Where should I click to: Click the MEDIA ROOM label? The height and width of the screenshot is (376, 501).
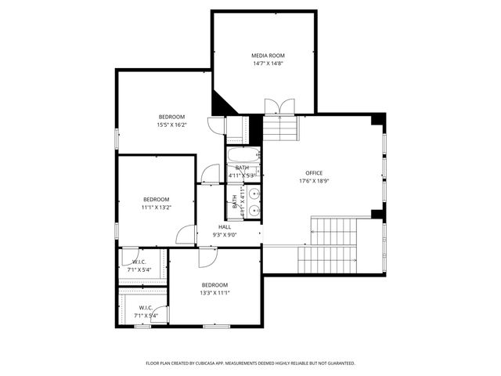click(x=268, y=56)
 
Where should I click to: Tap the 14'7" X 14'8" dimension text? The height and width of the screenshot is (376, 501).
click(x=268, y=64)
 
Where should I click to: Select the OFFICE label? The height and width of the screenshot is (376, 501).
click(x=314, y=173)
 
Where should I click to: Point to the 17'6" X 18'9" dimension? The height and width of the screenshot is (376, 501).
click(x=314, y=182)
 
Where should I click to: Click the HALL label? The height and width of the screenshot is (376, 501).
click(x=225, y=226)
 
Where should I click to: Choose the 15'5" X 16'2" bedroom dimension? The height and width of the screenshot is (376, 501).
click(x=171, y=125)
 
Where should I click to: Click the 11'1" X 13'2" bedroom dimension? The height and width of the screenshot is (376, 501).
click(x=156, y=208)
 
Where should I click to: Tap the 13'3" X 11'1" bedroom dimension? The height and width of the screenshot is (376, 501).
click(x=214, y=293)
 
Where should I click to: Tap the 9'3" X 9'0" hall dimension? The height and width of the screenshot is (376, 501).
click(x=225, y=234)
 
